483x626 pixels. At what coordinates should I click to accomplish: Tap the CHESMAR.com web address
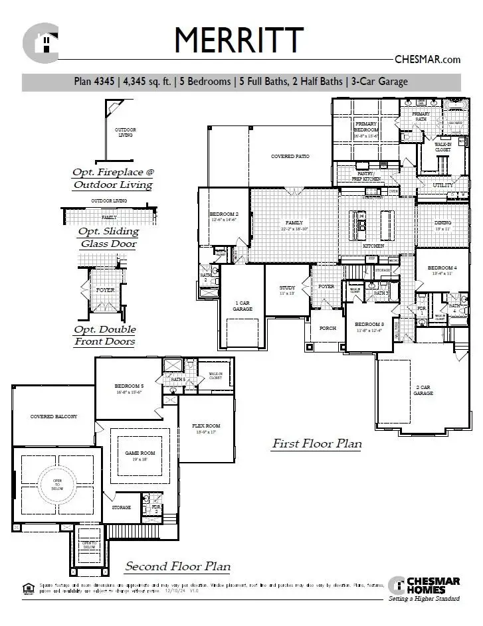pyautogui.click(x=427, y=59)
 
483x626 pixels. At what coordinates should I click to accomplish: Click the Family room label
pyautogui.click(x=294, y=223)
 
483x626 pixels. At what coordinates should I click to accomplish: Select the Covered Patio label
pyautogui.click(x=292, y=157)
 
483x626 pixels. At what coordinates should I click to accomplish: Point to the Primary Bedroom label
pyautogui.click(x=367, y=127)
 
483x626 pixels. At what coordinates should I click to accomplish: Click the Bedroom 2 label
pyautogui.click(x=224, y=214)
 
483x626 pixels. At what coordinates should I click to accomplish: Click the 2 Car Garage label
pyautogui.click(x=423, y=390)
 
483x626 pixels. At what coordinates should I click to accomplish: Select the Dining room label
pyautogui.click(x=443, y=223)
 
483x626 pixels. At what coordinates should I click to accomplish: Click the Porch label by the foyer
pyautogui.click(x=328, y=328)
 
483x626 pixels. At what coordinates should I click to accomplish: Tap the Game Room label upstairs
pyautogui.click(x=140, y=453)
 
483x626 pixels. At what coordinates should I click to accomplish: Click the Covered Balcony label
pyautogui.click(x=54, y=417)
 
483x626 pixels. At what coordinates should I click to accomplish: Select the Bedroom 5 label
pyautogui.click(x=129, y=386)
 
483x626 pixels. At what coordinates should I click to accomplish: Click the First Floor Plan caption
pyautogui.click(x=316, y=443)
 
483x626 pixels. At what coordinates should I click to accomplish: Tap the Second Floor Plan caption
pyautogui.click(x=178, y=566)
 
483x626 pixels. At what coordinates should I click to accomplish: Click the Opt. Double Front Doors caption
pyautogui.click(x=105, y=335)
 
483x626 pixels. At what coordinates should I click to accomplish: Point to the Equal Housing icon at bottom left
pyautogui.click(x=27, y=586)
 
